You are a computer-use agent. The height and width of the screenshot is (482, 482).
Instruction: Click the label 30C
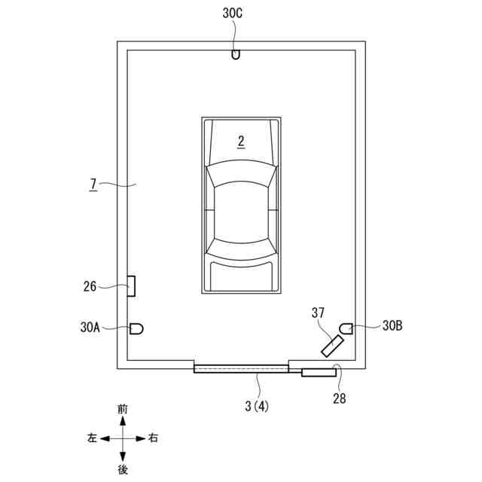click(x=233, y=14)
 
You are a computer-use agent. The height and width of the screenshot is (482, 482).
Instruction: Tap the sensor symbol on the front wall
click(x=236, y=55)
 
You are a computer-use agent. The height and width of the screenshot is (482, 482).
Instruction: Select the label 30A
click(x=90, y=327)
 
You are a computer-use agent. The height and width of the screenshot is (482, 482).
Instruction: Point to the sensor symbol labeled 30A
click(x=136, y=329)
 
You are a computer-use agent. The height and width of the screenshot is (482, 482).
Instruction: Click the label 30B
click(x=392, y=325)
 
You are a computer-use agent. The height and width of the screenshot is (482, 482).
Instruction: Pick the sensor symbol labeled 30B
click(x=346, y=328)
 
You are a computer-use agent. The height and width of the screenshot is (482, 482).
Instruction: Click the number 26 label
click(x=90, y=286)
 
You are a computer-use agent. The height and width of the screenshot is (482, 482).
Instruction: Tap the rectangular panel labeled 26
click(x=131, y=286)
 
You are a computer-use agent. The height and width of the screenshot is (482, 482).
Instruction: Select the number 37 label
click(x=318, y=313)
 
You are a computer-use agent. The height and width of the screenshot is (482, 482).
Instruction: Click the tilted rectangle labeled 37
click(x=332, y=346)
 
